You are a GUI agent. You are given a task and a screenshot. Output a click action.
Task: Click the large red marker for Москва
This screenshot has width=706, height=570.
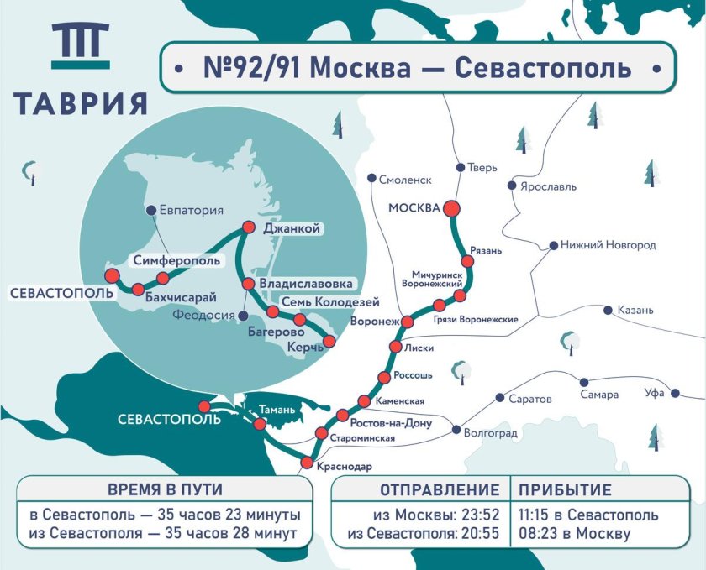(452, 209)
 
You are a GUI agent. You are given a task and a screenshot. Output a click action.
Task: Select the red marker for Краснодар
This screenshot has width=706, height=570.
(307, 463)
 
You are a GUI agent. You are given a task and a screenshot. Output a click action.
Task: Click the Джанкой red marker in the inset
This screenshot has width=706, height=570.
(249, 227)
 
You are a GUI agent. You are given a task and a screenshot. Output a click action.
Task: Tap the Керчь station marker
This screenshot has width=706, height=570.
(329, 341)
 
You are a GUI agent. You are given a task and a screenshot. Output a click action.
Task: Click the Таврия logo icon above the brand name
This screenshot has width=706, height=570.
(80, 45)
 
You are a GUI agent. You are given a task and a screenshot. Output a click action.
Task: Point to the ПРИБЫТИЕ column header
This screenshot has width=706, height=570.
(565, 489)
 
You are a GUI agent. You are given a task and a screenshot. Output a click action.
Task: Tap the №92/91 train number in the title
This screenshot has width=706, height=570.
(253, 67)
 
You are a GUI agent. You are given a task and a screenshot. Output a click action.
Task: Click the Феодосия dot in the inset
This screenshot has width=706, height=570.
(243, 316)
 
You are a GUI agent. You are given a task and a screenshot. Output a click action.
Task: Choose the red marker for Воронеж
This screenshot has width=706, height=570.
(408, 322)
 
